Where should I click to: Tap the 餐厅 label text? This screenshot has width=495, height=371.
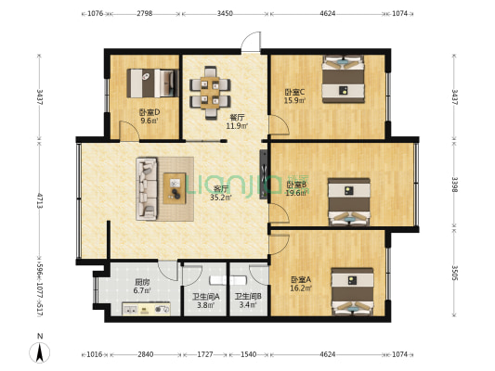pos(211,118)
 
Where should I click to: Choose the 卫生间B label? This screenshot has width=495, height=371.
pos(247,297)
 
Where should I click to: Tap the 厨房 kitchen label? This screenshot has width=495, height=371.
pos(142,282)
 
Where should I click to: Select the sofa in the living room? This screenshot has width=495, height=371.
pos(148,188)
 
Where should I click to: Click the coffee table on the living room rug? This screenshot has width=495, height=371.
pos(176,187)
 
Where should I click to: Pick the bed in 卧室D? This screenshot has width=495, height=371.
pos(153,83)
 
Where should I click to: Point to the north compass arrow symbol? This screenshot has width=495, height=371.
pos(39,351)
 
